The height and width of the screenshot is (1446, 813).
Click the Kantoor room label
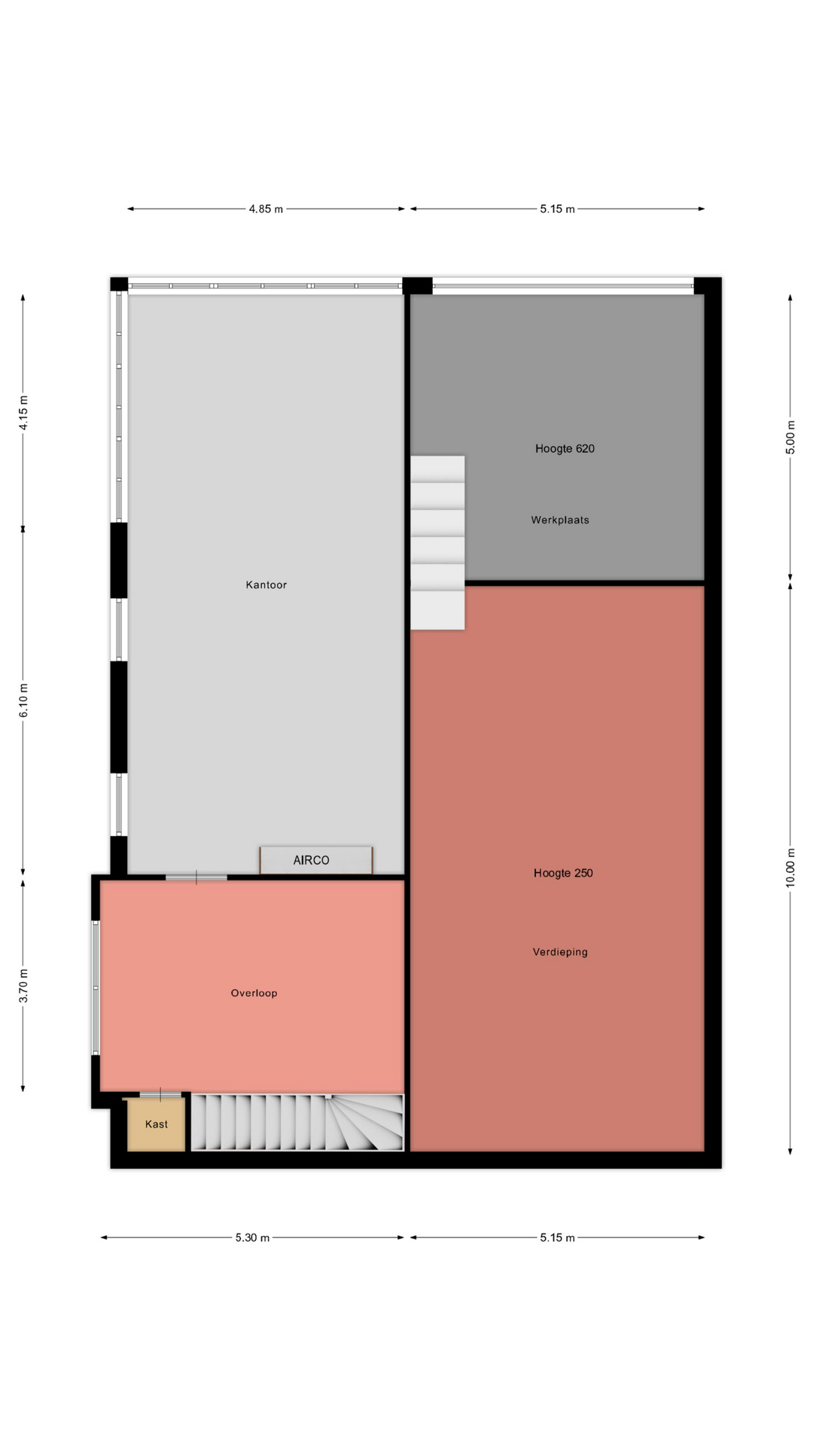266,584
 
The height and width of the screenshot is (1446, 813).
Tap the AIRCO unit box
316,860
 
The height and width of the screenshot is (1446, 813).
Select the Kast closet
156,1124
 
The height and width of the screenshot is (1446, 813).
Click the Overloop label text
254,993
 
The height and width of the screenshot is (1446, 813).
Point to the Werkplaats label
560,520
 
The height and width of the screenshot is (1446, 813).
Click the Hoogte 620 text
565,448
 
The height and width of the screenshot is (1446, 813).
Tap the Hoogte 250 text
563,873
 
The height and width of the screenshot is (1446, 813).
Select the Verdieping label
560,952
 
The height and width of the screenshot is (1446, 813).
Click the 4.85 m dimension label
266,209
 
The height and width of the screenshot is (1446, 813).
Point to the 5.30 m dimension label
252,1237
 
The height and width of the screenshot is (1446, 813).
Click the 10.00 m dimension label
790,868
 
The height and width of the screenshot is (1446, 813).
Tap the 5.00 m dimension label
790,437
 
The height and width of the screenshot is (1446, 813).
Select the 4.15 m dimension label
23,413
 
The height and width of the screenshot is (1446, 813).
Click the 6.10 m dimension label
23,700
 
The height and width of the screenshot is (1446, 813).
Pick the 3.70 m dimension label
23,986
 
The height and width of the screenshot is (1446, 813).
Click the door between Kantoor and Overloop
196,877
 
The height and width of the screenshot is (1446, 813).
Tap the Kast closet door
160,1094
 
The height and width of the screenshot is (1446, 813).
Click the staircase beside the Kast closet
297,1122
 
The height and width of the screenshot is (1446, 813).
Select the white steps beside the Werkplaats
437,542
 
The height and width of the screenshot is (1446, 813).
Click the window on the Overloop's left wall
96,987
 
